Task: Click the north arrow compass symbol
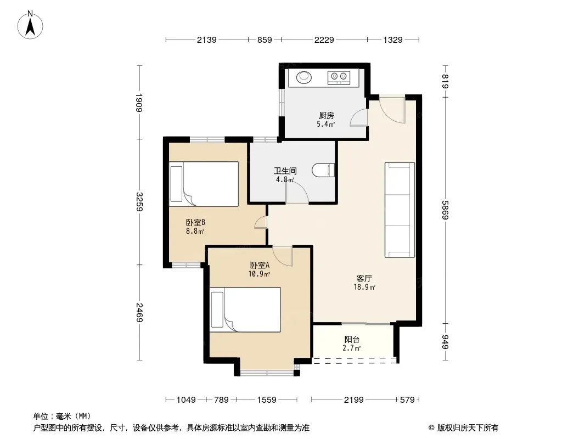click(x=30, y=25)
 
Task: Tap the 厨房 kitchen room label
click(x=326, y=116)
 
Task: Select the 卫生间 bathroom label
click(x=285, y=171)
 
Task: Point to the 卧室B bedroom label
click(x=195, y=223)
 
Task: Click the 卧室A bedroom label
click(x=259, y=265)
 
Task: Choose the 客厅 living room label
click(x=364, y=279)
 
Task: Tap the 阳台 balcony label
click(x=351, y=340)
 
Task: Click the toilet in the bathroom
click(x=323, y=170)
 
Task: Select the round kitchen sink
click(x=304, y=77)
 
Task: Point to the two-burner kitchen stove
click(x=339, y=77)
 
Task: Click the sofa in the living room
click(x=400, y=210)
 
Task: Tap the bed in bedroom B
click(x=204, y=184)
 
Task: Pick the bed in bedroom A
click(x=245, y=309)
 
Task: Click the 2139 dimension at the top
click(x=207, y=40)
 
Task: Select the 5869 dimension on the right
click(x=445, y=210)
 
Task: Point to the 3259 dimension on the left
click(x=139, y=202)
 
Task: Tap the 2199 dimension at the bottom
click(x=353, y=400)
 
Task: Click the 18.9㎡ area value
click(x=364, y=287)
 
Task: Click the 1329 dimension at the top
click(x=393, y=40)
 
